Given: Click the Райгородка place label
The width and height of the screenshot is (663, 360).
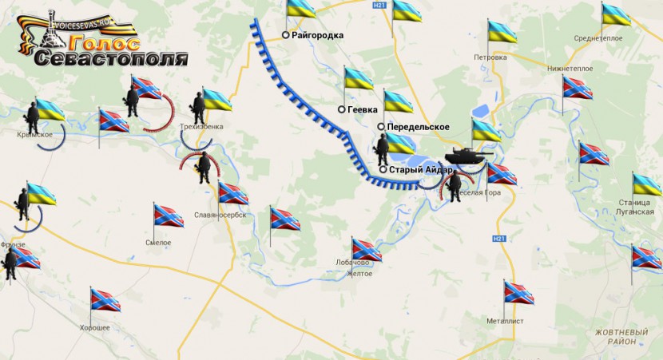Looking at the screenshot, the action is pos(318,35).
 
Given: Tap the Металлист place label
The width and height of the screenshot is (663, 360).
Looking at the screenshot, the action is pos(504,321).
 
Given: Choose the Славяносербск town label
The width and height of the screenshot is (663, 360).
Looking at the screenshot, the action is pos(220,216).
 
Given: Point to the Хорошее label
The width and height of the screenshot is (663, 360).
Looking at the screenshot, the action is pos(94,328).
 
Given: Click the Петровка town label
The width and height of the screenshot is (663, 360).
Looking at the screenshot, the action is pos(490,57).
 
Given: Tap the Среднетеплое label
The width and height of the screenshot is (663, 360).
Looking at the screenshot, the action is pos(598,38).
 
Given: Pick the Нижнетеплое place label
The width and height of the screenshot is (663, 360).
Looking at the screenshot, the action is pos(570,69).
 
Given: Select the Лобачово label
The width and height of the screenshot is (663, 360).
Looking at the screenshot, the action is pos(352,263).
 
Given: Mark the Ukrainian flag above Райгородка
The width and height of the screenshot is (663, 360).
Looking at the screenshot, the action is pos(302,10).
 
